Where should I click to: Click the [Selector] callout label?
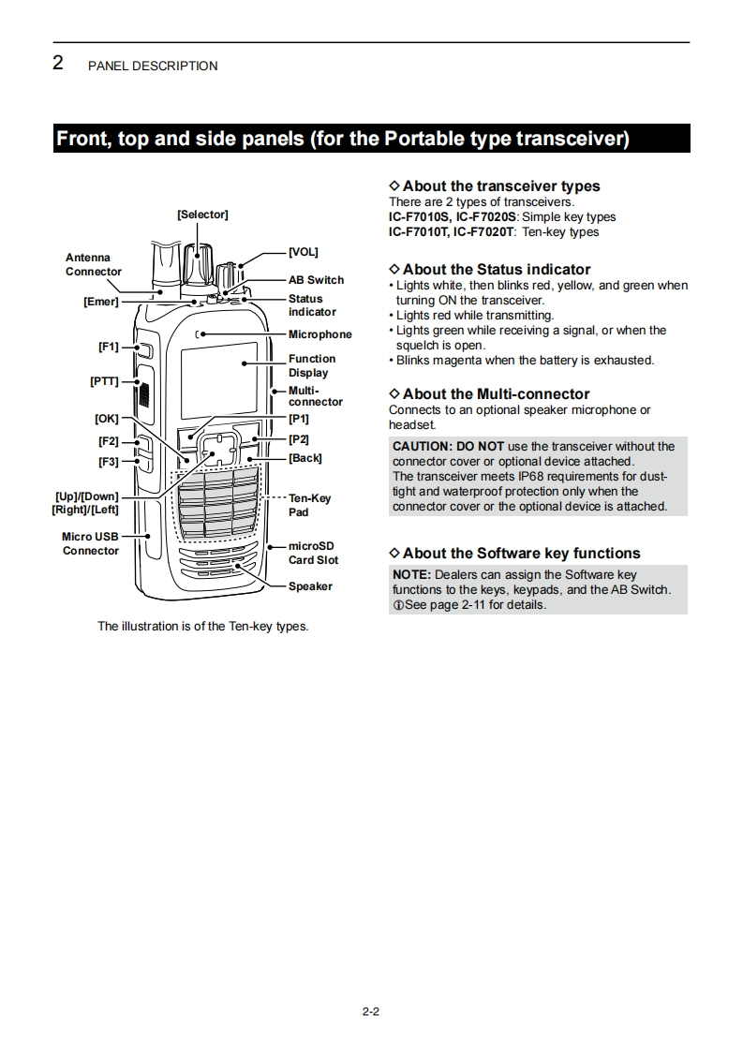202,215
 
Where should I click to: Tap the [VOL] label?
303,252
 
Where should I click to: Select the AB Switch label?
316,280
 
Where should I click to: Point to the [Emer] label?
100,302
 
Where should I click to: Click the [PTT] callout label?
104,381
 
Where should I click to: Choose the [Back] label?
305,458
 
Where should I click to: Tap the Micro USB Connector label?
91,543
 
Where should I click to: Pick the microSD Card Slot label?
313,553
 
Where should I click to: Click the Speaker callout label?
310,586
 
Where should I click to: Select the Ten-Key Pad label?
309,505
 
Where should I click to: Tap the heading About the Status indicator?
496,270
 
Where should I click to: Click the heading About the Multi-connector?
496,394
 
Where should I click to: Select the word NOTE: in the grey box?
411,574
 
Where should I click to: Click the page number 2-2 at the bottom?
370,1011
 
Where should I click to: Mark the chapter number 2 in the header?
58,64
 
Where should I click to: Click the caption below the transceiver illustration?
202,626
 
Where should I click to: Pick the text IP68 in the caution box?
532,476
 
